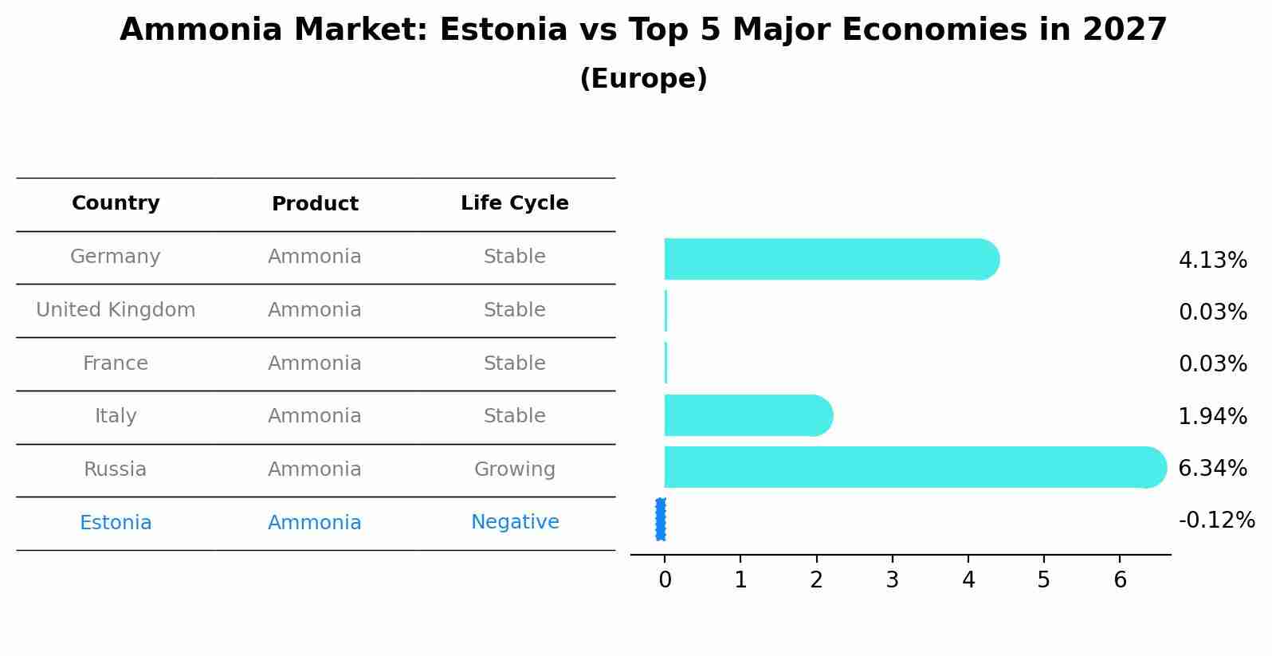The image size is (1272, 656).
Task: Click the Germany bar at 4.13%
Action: (x=829, y=259)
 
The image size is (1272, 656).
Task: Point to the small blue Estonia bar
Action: (x=661, y=519)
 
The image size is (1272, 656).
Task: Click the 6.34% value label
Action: (x=1212, y=468)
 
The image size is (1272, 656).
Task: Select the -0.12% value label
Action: (x=1216, y=520)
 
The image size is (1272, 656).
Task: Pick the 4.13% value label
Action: (x=1212, y=260)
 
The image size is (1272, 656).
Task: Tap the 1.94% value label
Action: (x=1212, y=416)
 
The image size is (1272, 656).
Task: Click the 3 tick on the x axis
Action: (x=892, y=580)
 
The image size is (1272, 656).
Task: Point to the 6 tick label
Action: (x=1120, y=580)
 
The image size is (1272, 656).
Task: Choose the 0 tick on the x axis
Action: (x=665, y=580)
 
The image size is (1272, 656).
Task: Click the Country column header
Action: (x=116, y=203)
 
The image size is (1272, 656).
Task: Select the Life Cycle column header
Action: (x=514, y=203)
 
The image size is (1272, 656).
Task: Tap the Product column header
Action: (x=315, y=204)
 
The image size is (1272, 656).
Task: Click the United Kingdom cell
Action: (x=116, y=310)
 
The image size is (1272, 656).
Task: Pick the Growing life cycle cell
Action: (x=514, y=469)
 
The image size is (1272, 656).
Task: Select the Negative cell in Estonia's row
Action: (x=514, y=522)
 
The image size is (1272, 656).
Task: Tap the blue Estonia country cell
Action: (x=116, y=523)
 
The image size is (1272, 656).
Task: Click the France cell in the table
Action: (x=116, y=363)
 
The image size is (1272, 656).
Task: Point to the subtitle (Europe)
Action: (x=643, y=79)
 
